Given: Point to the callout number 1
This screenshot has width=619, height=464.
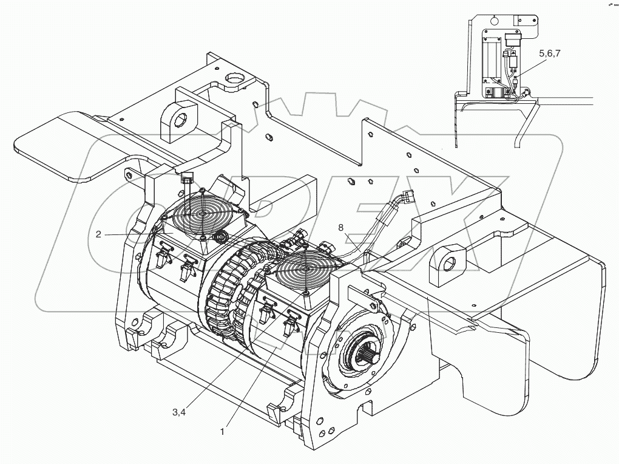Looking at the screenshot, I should click(222, 432).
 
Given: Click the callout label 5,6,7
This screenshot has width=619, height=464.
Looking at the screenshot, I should click(549, 53).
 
